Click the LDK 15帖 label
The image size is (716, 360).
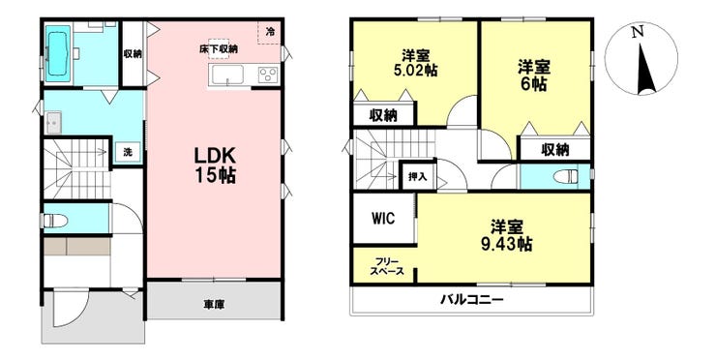point(215,165)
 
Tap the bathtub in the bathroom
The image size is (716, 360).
point(59,50)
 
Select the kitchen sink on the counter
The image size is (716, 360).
point(226,75)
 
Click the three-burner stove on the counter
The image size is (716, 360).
point(268,75)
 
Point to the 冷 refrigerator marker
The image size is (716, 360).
point(271,32)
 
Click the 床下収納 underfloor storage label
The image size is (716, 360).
point(219,49)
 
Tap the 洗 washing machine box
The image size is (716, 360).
point(128,153)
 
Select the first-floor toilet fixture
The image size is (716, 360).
point(55,221)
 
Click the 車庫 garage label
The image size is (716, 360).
point(214,304)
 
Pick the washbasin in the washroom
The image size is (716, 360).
point(53,123)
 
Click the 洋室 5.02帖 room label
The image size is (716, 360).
point(415,64)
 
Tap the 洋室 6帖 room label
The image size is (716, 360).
point(533,75)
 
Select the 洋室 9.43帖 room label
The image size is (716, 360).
point(507,235)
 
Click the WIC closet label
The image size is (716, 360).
point(382,219)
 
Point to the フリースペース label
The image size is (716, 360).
point(387,266)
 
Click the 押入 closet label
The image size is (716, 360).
point(418,176)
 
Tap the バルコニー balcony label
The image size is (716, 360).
point(472,300)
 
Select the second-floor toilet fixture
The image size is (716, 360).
point(565,176)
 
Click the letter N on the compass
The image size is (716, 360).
point(638,32)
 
